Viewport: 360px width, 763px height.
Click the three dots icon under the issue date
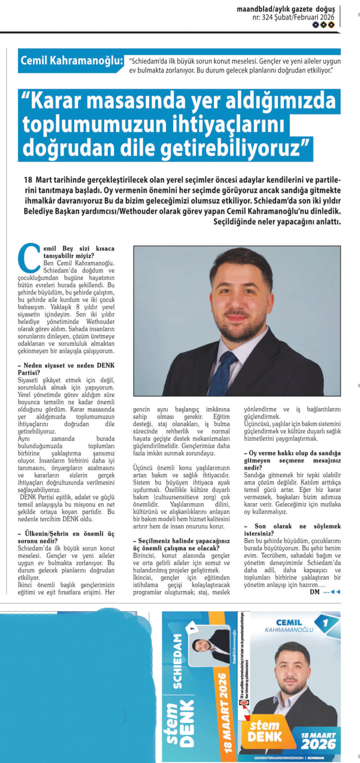[x=323, y=25]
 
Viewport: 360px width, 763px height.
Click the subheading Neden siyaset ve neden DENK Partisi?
[x=66, y=369]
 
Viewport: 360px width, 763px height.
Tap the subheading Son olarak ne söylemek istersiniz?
[x=292, y=530]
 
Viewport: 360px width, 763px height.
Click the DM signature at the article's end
[x=315, y=592]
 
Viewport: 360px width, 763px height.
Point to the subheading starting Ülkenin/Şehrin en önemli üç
[x=66, y=537]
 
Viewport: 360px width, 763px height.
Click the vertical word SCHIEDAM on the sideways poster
[x=178, y=656]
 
